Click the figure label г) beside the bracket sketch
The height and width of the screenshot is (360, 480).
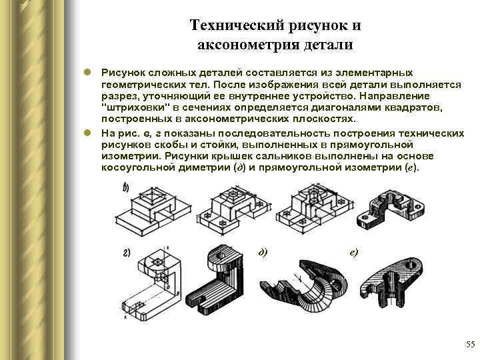pyautogui.click(x=125, y=251)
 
